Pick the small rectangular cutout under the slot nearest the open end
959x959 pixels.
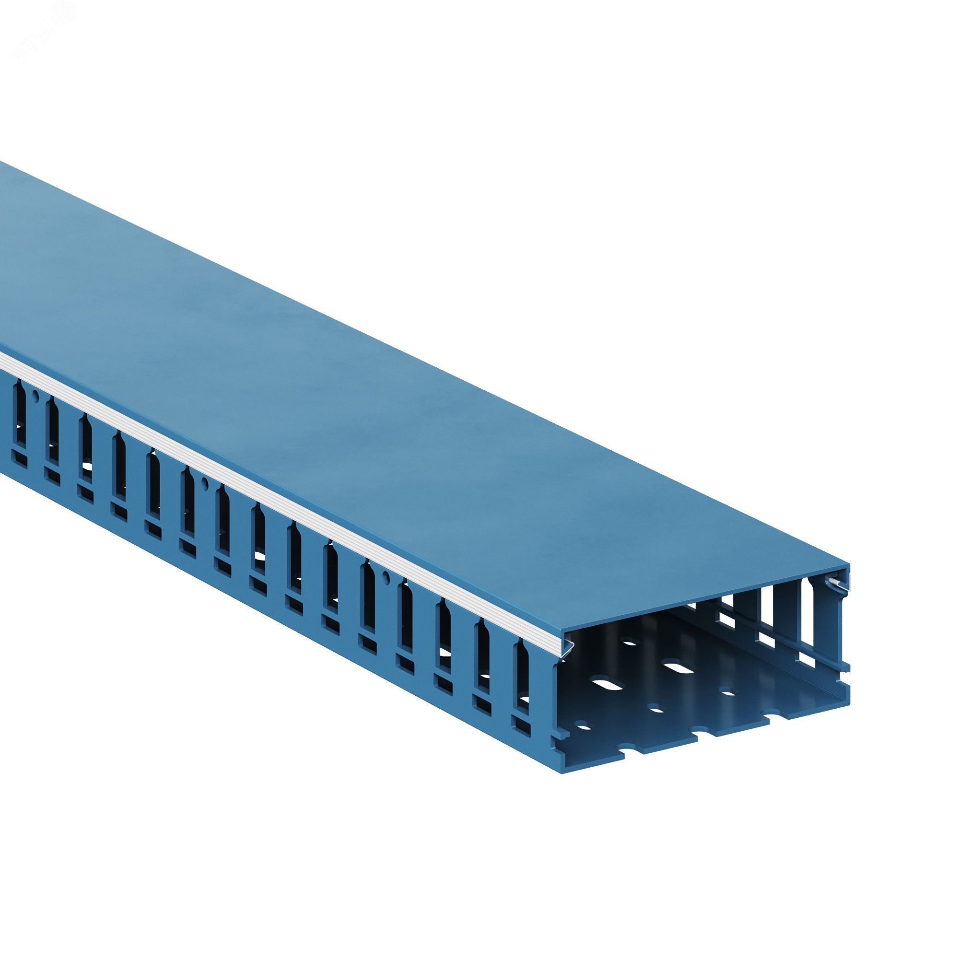[521, 731]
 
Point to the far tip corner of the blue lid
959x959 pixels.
[848, 565]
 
